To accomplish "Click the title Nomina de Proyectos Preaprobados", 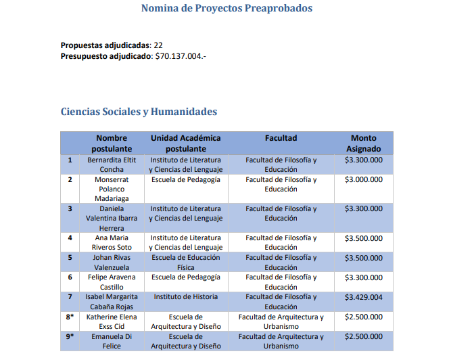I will tap(227, 9).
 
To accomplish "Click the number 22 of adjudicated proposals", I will tap(158, 45).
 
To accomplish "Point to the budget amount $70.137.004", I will tap(181, 56).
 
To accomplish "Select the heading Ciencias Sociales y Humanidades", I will tap(139, 112).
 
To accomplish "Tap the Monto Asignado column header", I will tap(364, 143).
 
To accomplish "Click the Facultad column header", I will tap(281, 138).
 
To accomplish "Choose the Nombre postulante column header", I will tap(112, 143).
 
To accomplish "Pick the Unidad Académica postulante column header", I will tap(185, 143).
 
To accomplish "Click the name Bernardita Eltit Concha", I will tap(112, 164).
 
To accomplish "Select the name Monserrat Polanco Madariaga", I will tap(112, 189).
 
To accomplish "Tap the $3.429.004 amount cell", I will tap(364, 297).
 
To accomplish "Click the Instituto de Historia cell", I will tap(185, 297).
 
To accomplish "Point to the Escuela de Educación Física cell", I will tap(185, 263).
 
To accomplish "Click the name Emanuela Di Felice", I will tap(112, 341).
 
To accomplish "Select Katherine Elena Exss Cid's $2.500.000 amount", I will tap(364, 317).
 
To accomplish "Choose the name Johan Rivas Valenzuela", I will tap(112, 263).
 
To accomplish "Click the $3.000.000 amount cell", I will tap(364, 180).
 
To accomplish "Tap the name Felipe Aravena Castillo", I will tap(112, 282).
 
